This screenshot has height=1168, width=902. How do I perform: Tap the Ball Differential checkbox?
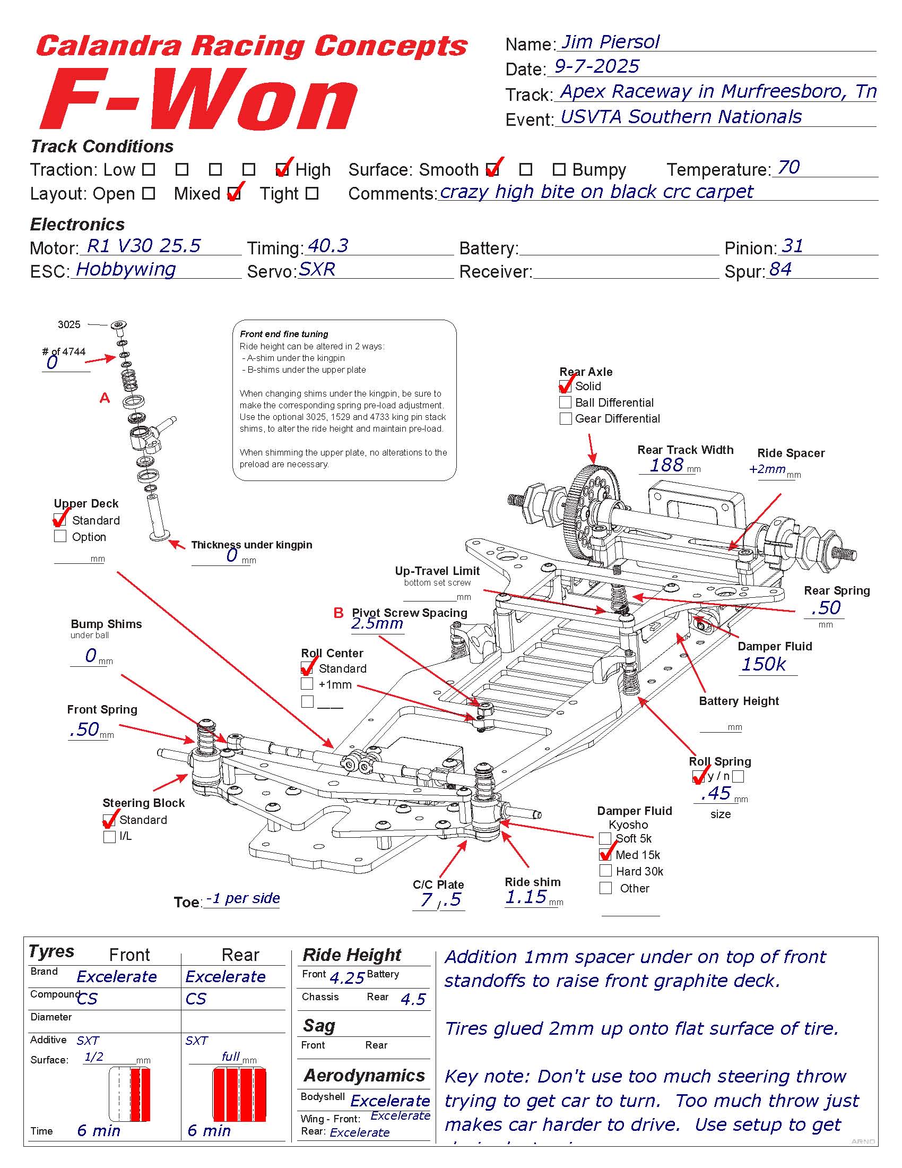point(565,402)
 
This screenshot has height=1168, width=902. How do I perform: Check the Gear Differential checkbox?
point(565,418)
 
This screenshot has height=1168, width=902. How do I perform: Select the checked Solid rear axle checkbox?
point(565,386)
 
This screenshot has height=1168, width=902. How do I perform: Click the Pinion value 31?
point(792,246)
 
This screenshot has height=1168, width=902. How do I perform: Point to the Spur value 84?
point(780,269)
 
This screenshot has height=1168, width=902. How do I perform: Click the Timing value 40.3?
point(328,246)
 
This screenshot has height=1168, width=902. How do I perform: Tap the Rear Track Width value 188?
point(666,465)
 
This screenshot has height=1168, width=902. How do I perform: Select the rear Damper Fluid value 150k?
point(763,664)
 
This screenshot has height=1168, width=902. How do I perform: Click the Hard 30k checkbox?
point(605,871)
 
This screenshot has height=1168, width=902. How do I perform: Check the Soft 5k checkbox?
point(605,838)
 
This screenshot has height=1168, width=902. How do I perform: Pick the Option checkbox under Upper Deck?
point(60,536)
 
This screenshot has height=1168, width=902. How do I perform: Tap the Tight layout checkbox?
point(313,193)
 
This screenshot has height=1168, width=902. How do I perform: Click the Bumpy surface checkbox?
point(559,169)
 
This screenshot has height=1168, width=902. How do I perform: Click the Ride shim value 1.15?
point(526,897)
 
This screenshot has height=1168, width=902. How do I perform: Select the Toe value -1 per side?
point(243,898)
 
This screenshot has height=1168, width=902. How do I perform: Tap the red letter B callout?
point(339,612)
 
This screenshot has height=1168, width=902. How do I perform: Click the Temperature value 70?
point(788,167)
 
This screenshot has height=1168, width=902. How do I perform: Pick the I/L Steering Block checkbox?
point(109,836)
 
